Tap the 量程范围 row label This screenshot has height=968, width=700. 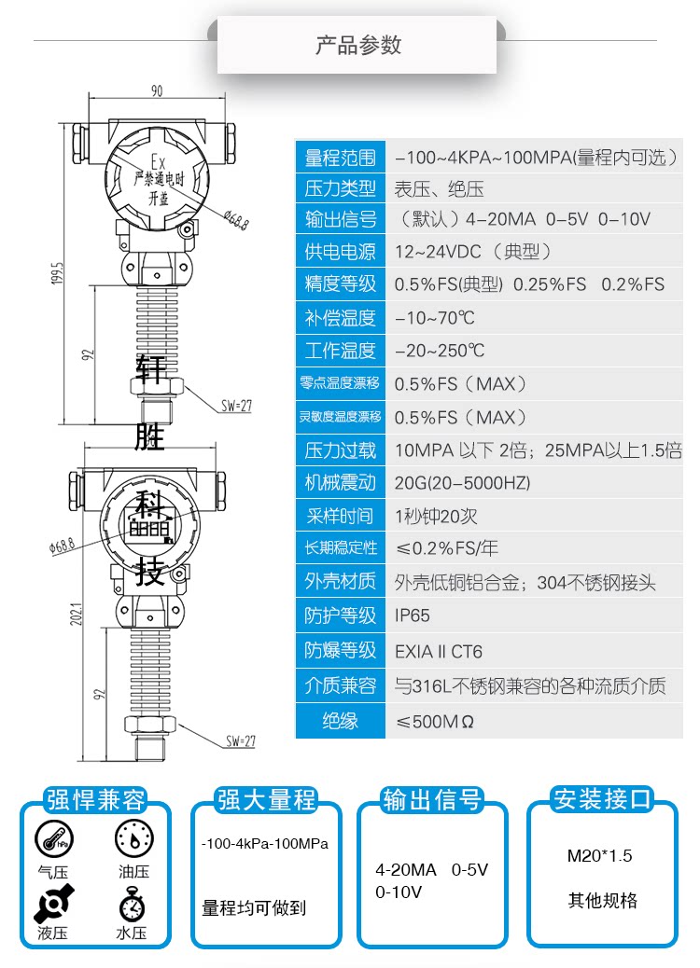(340, 158)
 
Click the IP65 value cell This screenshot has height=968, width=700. (413, 615)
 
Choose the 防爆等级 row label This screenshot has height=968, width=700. (340, 651)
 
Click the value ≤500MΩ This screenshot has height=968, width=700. (435, 721)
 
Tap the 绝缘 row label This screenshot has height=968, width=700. (340, 721)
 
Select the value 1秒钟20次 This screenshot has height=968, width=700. (437, 516)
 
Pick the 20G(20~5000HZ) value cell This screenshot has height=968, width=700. (462, 483)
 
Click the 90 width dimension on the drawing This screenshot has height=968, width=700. (156, 90)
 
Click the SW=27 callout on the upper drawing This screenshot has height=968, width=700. (237, 407)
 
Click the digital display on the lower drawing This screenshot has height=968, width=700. (149, 528)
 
